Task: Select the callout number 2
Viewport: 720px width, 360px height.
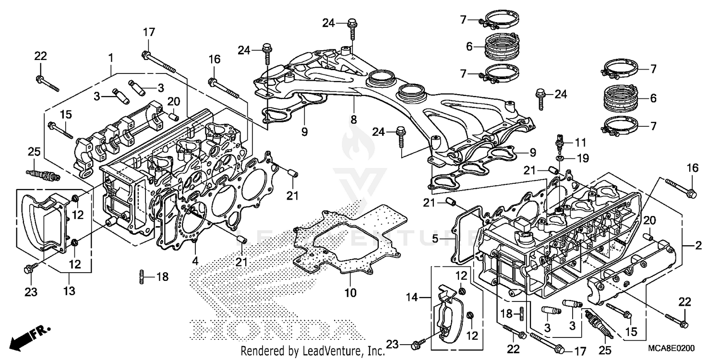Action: tap(698, 246)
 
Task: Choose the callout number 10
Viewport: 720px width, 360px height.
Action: tap(351, 292)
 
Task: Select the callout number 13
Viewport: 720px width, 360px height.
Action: tap(70, 291)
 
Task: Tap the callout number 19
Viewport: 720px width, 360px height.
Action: tap(581, 157)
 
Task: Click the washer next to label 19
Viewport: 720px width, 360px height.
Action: tap(560, 157)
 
